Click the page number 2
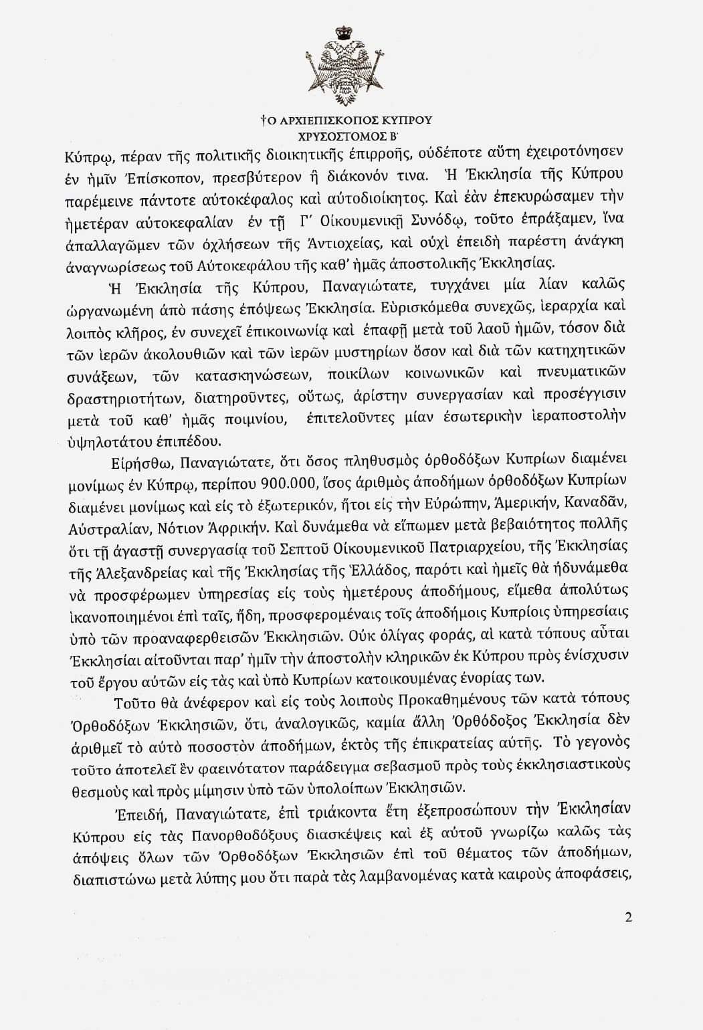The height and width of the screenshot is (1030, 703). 628,917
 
